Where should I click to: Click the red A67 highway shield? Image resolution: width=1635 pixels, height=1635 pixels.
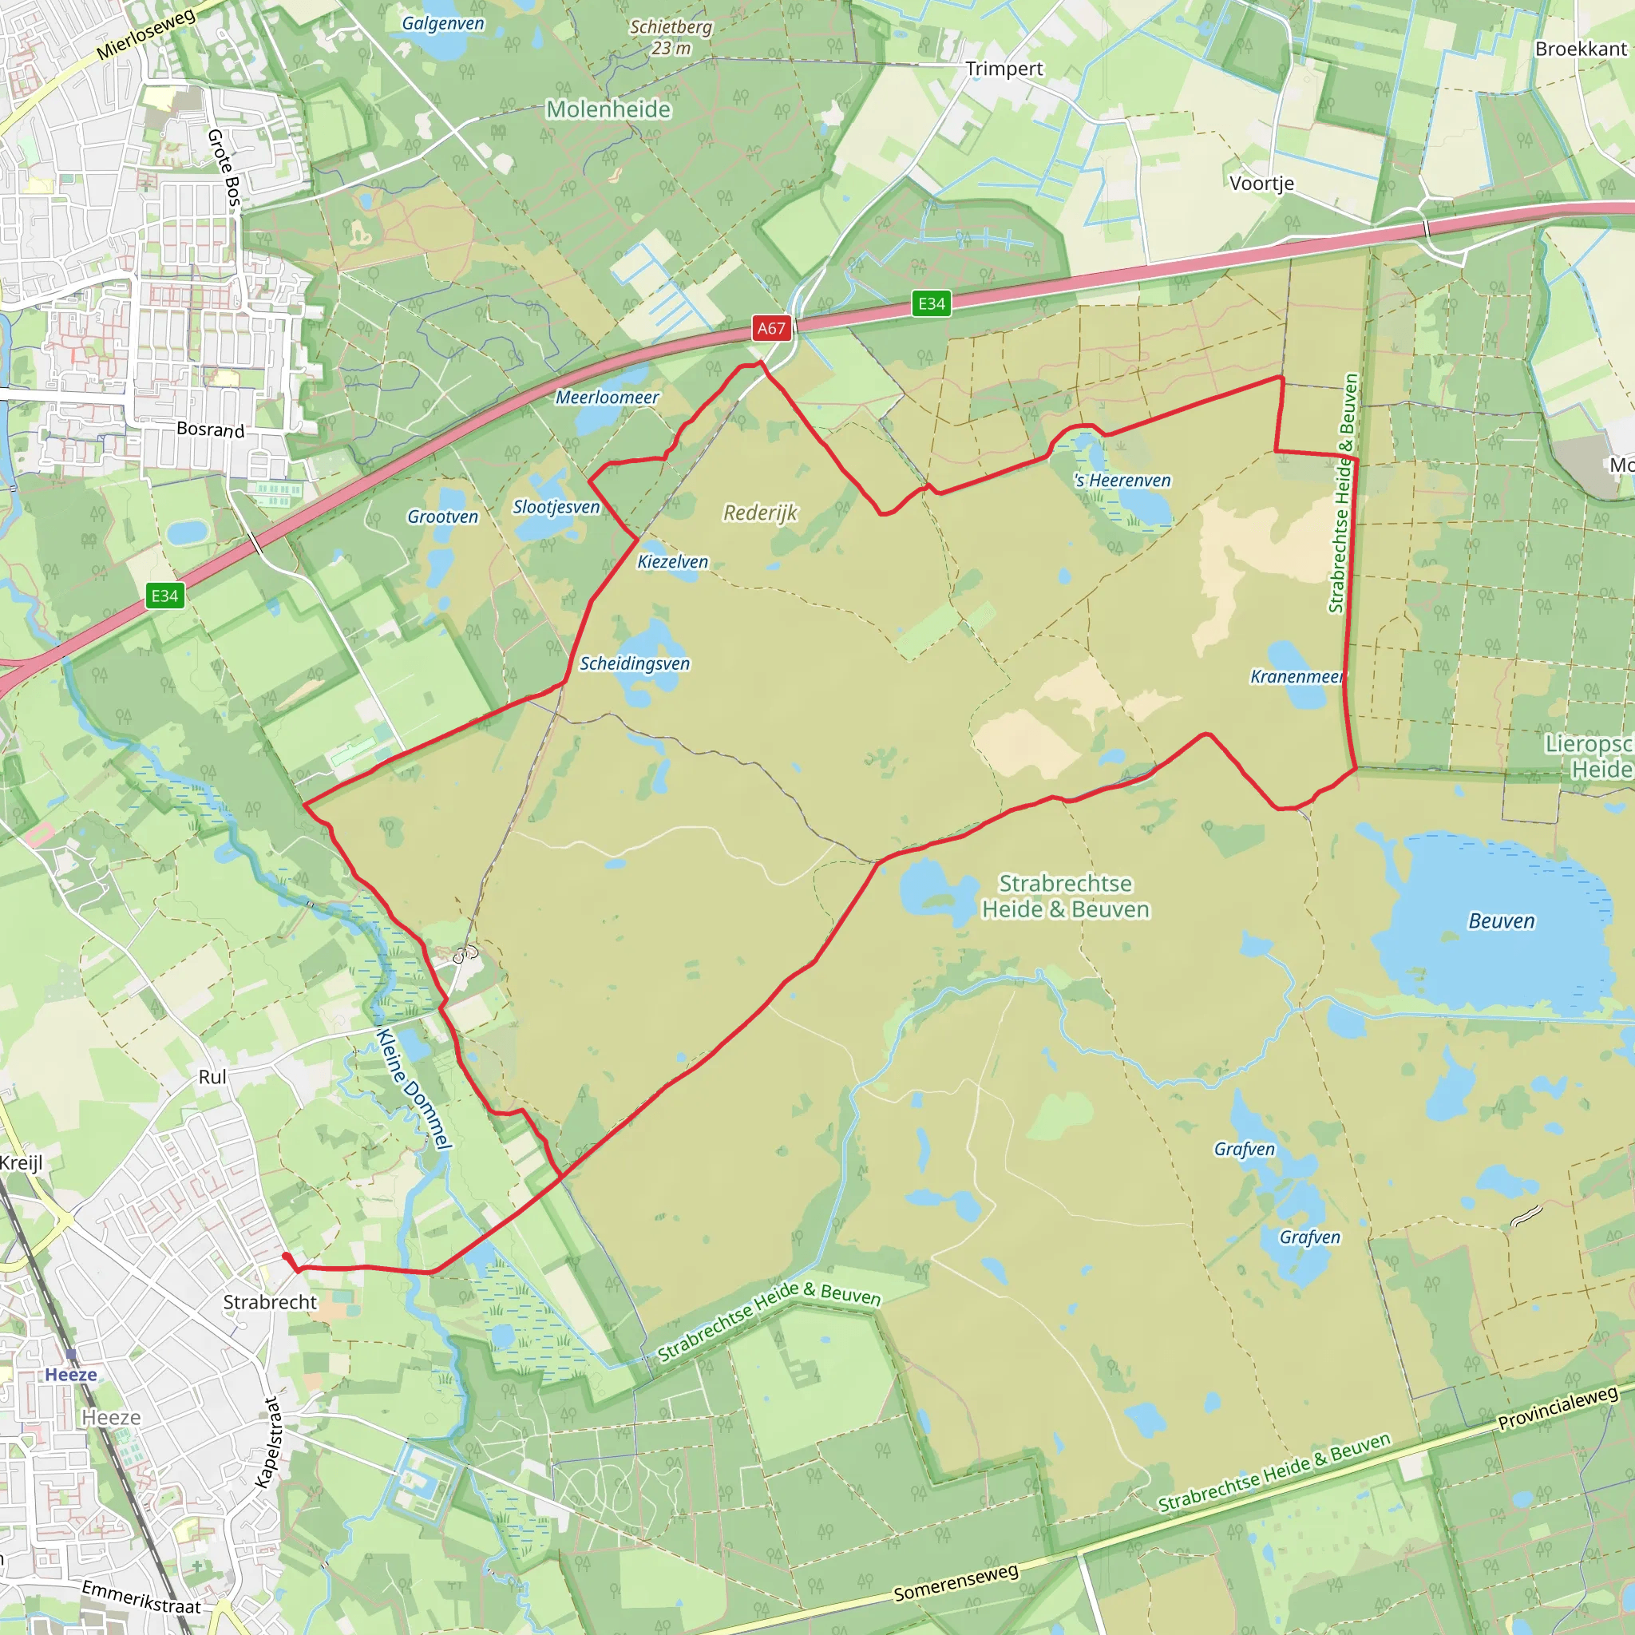click(x=771, y=328)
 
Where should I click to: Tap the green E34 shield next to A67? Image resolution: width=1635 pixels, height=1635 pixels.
click(x=931, y=304)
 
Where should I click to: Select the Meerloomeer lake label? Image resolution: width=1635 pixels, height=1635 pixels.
click(x=607, y=397)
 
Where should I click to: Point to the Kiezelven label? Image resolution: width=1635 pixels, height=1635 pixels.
click(x=672, y=562)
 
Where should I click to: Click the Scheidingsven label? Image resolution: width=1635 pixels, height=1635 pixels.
click(x=634, y=663)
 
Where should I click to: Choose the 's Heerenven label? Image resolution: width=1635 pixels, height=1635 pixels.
click(x=1122, y=481)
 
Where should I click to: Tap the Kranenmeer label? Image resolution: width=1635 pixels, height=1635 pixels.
click(x=1296, y=677)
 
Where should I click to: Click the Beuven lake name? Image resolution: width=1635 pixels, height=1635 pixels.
click(x=1502, y=921)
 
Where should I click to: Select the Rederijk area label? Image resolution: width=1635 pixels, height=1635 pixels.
click(x=760, y=513)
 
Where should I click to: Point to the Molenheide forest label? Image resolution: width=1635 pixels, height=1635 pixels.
click(x=608, y=110)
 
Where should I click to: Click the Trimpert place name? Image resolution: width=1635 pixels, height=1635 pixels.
click(x=1004, y=69)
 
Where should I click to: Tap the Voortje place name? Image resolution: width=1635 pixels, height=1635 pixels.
click(x=1261, y=184)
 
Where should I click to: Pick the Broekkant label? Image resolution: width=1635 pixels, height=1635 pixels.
click(x=1580, y=49)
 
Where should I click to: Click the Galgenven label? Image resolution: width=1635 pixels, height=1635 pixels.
click(x=442, y=23)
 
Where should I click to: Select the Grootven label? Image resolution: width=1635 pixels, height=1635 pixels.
click(x=442, y=517)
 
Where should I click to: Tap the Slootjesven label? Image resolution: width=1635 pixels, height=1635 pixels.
click(x=556, y=507)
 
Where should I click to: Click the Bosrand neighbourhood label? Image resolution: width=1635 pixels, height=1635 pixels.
click(x=211, y=430)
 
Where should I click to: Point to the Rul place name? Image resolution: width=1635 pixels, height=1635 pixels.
click(x=212, y=1077)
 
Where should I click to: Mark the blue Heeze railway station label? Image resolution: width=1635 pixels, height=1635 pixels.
click(x=71, y=1375)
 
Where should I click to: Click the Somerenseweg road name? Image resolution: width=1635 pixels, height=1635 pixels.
click(x=956, y=1583)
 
